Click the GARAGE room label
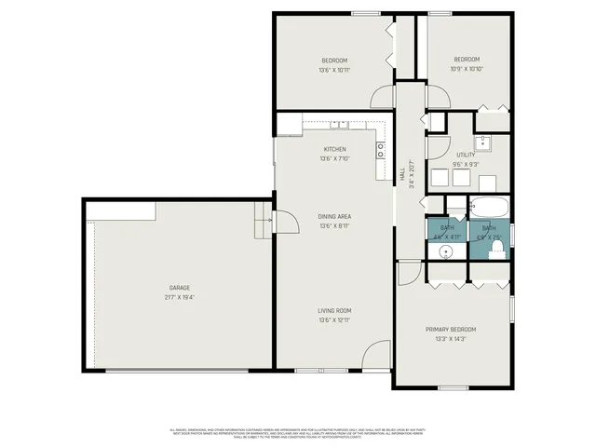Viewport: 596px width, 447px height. pyautogui.click(x=180, y=288)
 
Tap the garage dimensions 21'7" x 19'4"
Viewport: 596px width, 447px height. pyautogui.click(x=180, y=297)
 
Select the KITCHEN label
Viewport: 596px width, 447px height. pyautogui.click(x=334, y=149)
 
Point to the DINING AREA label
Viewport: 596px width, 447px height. pyautogui.click(x=334, y=215)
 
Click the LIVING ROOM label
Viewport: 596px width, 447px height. pyautogui.click(x=334, y=311)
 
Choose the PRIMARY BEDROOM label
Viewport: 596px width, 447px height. pyautogui.click(x=451, y=330)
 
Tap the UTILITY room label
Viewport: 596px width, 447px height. pyautogui.click(x=466, y=155)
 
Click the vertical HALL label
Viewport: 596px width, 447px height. pyautogui.click(x=402, y=173)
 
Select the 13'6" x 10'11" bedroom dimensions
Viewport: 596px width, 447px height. pyautogui.click(x=334, y=69)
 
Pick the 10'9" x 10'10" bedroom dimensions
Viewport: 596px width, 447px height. pyautogui.click(x=467, y=69)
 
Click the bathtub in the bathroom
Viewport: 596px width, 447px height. pyautogui.click(x=489, y=206)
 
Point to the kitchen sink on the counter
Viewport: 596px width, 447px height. pyautogui.click(x=339, y=124)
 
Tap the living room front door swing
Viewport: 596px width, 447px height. pyautogui.click(x=376, y=354)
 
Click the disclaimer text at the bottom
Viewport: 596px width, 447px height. pyautogui.click(x=298, y=434)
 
